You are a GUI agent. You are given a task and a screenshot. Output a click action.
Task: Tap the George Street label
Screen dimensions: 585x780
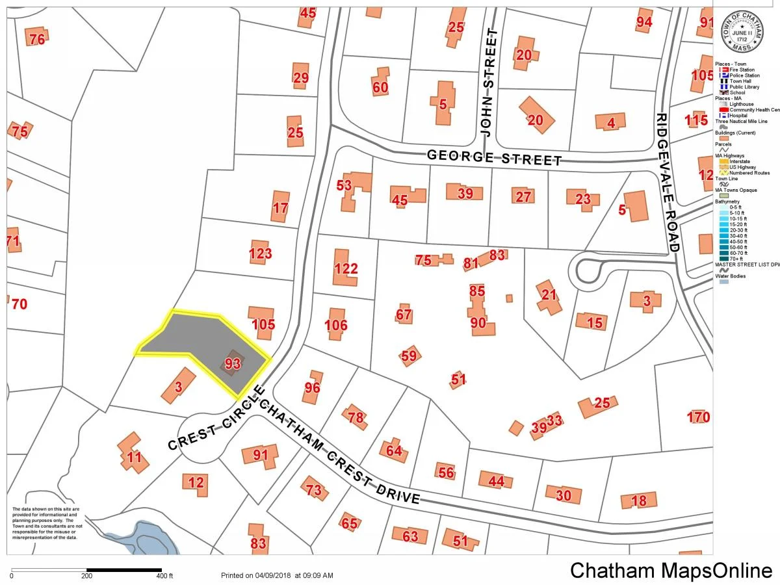494,158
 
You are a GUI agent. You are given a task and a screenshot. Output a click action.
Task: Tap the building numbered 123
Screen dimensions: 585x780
261,253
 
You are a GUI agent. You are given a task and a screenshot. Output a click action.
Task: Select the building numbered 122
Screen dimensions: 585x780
346,268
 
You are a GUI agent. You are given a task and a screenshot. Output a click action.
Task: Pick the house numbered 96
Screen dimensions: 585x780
313,387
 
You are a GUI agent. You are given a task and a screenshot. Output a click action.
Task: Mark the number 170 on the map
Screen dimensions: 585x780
699,417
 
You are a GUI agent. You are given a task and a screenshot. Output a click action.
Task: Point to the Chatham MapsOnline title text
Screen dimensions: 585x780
671,570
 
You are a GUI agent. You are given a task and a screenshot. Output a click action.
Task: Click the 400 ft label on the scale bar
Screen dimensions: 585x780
165,576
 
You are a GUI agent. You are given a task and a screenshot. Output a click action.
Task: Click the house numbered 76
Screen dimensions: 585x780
37,38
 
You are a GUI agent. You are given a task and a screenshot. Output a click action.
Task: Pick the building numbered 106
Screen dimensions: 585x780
335,325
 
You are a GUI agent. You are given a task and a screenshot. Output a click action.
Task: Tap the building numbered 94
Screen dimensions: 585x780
643,22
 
